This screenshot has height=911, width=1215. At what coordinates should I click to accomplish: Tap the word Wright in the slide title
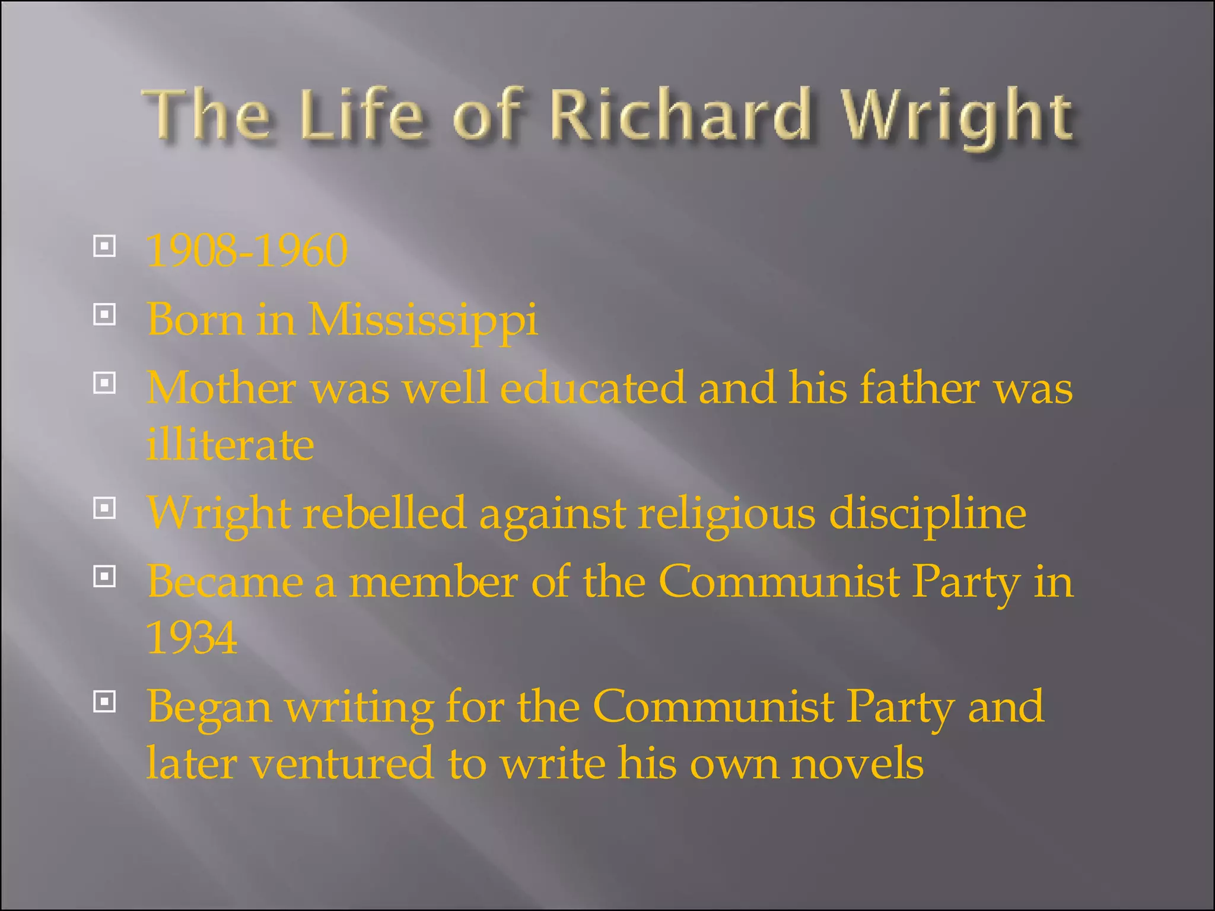point(958,116)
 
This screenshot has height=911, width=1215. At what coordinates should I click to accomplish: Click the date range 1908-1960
point(247,250)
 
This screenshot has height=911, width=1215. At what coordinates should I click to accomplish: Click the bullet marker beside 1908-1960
point(104,246)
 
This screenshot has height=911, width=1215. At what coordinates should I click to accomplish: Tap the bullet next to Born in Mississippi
point(104,314)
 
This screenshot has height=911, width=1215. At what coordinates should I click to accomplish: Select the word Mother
point(221,388)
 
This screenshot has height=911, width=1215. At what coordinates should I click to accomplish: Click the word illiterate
point(230,444)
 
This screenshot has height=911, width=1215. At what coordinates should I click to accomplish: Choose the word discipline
point(927,514)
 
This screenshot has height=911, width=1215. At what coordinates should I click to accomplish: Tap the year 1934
point(192,638)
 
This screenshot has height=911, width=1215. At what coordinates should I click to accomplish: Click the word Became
point(225,581)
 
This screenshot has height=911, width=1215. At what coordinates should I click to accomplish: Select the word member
point(433,581)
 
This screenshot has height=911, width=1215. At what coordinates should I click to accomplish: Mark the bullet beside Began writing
point(104,702)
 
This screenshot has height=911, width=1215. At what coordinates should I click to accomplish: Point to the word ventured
point(342,763)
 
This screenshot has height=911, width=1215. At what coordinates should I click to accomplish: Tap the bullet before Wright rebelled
point(104,508)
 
